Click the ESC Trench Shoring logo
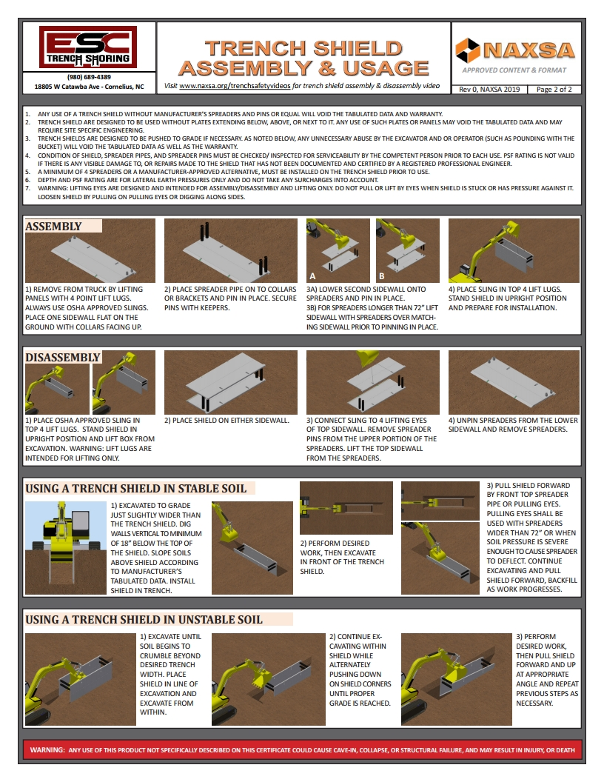coord(89,47)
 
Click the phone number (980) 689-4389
coord(89,77)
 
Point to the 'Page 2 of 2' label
coord(553,90)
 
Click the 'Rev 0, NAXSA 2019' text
coord(489,90)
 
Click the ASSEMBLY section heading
coord(54,226)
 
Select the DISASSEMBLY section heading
coord(63,357)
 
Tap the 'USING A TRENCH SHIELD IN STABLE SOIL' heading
coord(135,488)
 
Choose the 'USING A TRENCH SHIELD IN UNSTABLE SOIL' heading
coord(144,619)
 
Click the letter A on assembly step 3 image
coord(313,275)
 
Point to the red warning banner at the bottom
coord(302,749)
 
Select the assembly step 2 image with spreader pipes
coord(230,250)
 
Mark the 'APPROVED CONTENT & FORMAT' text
coord(514,70)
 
